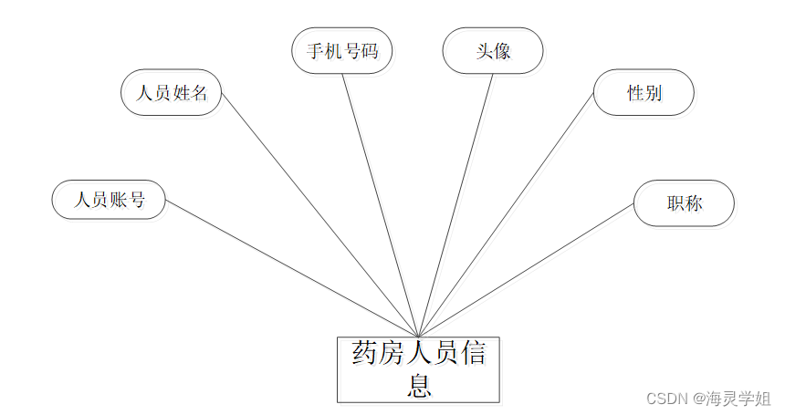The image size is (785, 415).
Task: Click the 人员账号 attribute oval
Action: [x=109, y=200]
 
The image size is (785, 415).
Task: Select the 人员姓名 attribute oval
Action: [x=172, y=93]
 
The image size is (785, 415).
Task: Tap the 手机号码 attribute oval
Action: [x=341, y=50]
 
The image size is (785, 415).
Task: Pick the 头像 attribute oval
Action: [x=493, y=50]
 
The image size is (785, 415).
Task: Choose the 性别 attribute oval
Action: [x=644, y=93]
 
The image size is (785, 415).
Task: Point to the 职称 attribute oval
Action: [x=685, y=203]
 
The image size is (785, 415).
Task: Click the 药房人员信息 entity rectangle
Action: [x=418, y=369]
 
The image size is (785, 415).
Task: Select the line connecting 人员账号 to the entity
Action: [x=292, y=269]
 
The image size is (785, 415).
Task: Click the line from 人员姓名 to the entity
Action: [x=319, y=214]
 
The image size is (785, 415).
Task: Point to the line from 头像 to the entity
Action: [x=455, y=205]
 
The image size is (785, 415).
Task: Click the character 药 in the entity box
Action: [x=365, y=354]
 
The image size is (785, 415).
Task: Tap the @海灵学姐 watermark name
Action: [x=731, y=399]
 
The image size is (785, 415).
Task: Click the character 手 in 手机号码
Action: [x=315, y=51]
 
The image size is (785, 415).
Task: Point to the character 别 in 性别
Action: [x=654, y=93]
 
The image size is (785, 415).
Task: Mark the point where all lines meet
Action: [x=418, y=337]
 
